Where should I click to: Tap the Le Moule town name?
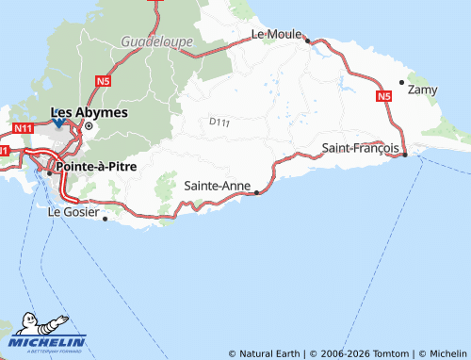[275, 34]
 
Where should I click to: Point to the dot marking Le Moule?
[307, 41]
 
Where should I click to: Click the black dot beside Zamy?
[402, 83]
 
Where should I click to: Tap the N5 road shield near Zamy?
[382, 96]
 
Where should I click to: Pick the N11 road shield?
[24, 126]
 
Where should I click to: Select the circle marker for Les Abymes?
[89, 125]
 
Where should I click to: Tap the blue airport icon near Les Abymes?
[58, 123]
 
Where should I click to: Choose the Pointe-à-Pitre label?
[97, 166]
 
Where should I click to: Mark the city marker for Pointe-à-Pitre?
[50, 172]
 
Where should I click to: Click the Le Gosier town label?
[73, 212]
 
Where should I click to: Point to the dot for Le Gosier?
[105, 219]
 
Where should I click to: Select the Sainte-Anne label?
[218, 185]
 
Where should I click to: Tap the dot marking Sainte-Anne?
[256, 191]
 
